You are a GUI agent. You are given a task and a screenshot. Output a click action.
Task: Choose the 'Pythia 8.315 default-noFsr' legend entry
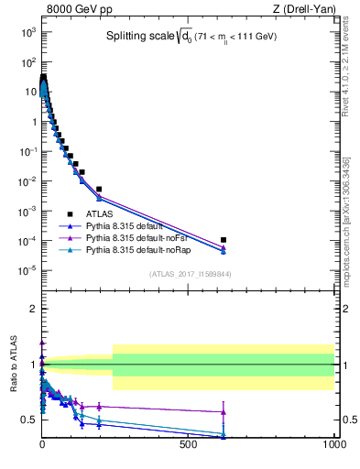click(143, 236)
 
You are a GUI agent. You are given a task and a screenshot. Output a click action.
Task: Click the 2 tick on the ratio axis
click(31, 309)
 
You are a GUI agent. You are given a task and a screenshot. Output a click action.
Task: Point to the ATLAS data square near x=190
click(99, 189)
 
